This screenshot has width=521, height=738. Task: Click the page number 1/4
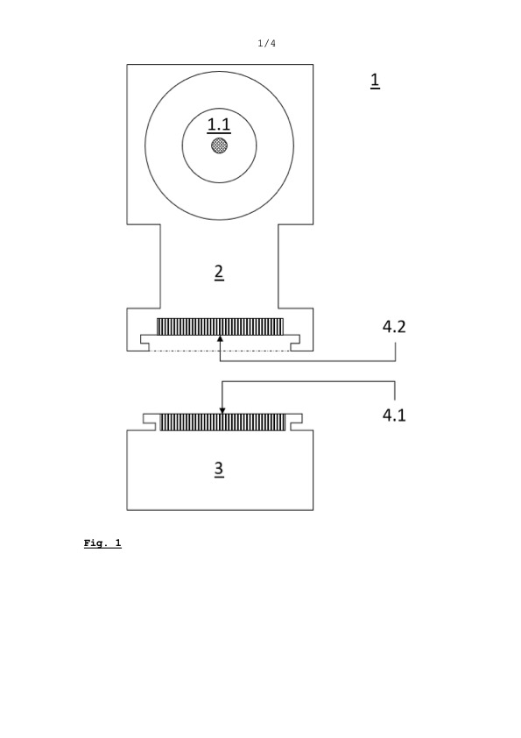coord(266,43)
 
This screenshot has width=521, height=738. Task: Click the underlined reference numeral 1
coord(375,81)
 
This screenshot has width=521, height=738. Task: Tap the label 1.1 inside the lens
coord(219,125)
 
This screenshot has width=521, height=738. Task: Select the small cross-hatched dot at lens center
coord(220,145)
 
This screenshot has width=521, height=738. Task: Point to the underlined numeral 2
coord(219,273)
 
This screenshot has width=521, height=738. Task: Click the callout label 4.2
coord(394,327)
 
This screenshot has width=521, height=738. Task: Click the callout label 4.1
coord(394,415)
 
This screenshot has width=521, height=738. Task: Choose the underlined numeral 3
coord(219,469)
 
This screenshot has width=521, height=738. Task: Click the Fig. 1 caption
coord(102,543)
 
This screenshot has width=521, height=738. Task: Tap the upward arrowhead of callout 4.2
coord(220,339)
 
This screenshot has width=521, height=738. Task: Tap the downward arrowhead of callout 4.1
coord(222,411)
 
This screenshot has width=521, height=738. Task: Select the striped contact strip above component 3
coord(222,422)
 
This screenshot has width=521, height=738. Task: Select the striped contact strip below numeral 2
coord(220,327)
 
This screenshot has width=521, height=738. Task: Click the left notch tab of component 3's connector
coord(150,422)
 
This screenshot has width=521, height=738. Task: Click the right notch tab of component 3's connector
coord(295,422)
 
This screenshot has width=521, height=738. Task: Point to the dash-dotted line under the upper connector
coord(220,351)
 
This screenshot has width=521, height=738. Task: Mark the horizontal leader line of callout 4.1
coord(308,381)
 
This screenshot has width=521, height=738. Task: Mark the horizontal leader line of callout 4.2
coord(308,361)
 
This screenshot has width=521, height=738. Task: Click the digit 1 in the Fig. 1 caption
coord(118,543)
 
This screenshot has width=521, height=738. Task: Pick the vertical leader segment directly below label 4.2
coord(396,352)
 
